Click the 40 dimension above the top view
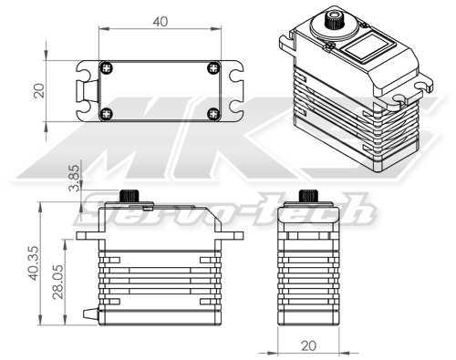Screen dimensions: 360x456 pos(161,21)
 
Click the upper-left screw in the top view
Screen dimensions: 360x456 pos(108,67)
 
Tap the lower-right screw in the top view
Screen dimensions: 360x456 pos(213,114)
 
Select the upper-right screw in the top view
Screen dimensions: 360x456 pos(213,67)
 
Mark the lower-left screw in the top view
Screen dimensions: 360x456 pos(108,114)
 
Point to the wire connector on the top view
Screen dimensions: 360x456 pos(88,91)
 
